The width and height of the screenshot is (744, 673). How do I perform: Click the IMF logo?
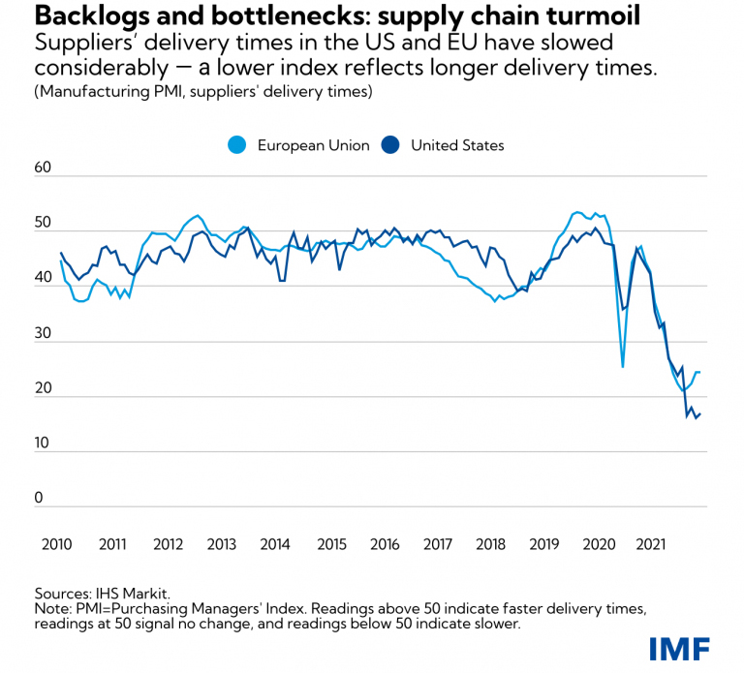coord(679,647)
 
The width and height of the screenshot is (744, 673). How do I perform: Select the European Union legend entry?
coord(298,145)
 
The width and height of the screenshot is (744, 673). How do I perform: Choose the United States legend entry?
coord(445,145)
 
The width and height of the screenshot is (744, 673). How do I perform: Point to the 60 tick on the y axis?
coord(42,168)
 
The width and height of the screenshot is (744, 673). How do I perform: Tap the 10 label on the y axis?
coord(41,443)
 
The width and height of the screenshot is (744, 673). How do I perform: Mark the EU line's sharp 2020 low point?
coord(623,367)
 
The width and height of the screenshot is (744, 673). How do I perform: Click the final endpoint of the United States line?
coord(700,414)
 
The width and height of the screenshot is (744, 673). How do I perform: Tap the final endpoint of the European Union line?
coord(700,373)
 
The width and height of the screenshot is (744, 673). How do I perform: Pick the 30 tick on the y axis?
coord(41,333)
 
